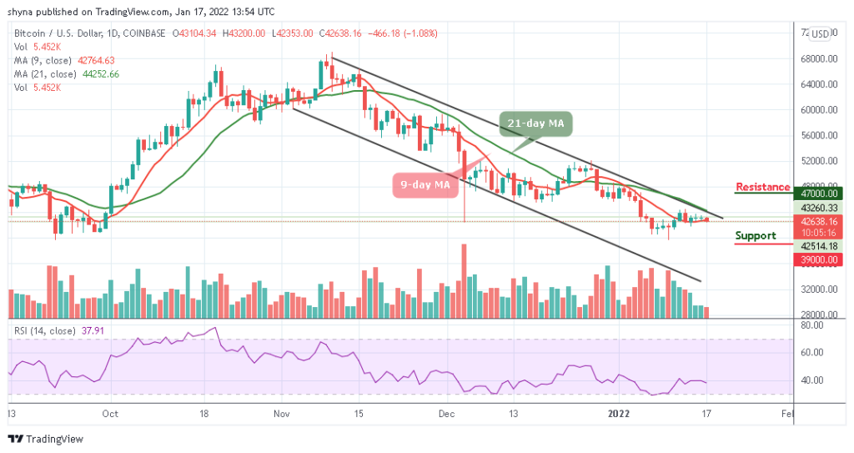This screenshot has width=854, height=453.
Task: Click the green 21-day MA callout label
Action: click(537, 124)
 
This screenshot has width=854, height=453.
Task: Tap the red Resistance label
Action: click(763, 187)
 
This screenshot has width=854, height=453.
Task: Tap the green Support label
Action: click(756, 236)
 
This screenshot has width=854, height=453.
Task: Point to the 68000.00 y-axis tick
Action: click(818, 59)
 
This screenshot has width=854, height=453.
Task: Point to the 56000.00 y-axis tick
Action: click(818, 136)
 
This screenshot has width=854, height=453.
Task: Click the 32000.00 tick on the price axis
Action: click(818, 289)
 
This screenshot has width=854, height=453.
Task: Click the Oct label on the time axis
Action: click(110, 413)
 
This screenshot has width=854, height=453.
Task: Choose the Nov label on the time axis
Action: click(281, 413)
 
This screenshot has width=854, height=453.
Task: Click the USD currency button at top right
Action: click(821, 33)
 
